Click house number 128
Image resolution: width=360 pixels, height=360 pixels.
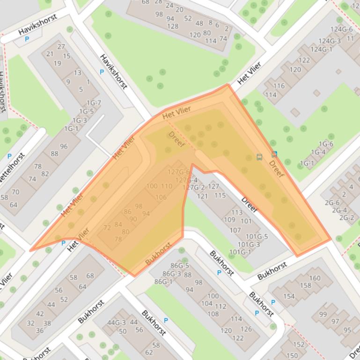(173, 26)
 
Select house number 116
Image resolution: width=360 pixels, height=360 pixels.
(279, 86)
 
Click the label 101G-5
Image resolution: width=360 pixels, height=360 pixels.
(257, 237)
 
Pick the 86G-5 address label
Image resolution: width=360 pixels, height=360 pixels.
(180, 266)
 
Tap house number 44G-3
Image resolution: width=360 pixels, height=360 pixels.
(117, 322)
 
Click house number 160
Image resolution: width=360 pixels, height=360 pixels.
(315, 278)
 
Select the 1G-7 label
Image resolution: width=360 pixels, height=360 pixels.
(93, 103)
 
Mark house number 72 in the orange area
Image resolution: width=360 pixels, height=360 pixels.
(107, 228)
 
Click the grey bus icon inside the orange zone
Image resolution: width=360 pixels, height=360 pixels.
(259, 157)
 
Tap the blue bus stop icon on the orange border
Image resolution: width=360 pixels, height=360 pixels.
(274, 153)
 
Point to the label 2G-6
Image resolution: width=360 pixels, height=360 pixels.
(332, 202)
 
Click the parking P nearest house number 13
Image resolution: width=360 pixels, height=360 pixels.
(102, 72)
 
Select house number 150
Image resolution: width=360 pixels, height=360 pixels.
(292, 356)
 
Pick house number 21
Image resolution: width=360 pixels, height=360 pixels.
(50, 54)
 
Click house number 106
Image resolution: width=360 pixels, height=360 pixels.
(161, 197)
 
